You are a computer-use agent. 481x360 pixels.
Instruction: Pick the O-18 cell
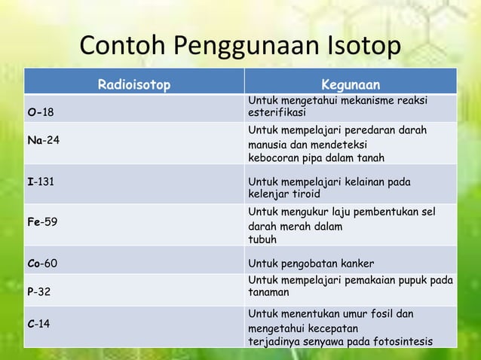click(41, 112)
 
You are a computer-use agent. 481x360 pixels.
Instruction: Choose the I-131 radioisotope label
click(41, 182)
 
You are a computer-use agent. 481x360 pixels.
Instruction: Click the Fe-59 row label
click(42, 222)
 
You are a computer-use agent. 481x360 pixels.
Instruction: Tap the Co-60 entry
click(42, 264)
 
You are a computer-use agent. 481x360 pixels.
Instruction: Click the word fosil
click(384, 313)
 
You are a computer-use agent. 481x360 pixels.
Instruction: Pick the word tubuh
click(262, 239)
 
